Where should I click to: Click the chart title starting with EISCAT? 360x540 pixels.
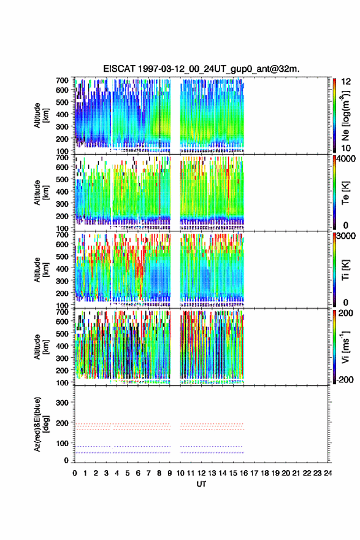click(201, 69)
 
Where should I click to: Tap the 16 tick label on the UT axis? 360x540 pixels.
click(243, 473)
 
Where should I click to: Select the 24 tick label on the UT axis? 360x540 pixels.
click(328, 473)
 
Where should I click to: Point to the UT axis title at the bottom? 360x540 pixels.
click(201, 484)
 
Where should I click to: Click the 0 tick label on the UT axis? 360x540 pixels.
click(75, 473)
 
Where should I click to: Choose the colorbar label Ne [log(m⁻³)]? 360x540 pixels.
click(345, 115)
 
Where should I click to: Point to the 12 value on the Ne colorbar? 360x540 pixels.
click(346, 82)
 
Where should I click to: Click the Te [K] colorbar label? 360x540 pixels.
click(345, 193)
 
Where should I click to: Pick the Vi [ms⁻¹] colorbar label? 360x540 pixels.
click(345, 347)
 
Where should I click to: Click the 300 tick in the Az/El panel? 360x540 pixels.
click(62, 403)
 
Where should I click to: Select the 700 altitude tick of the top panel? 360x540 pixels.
click(62, 80)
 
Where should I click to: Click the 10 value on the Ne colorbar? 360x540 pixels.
click(346, 148)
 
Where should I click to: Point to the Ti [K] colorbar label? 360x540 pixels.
click(345, 270)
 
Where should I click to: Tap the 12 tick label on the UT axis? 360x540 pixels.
click(201, 473)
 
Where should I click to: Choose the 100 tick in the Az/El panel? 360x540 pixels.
click(62, 443)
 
